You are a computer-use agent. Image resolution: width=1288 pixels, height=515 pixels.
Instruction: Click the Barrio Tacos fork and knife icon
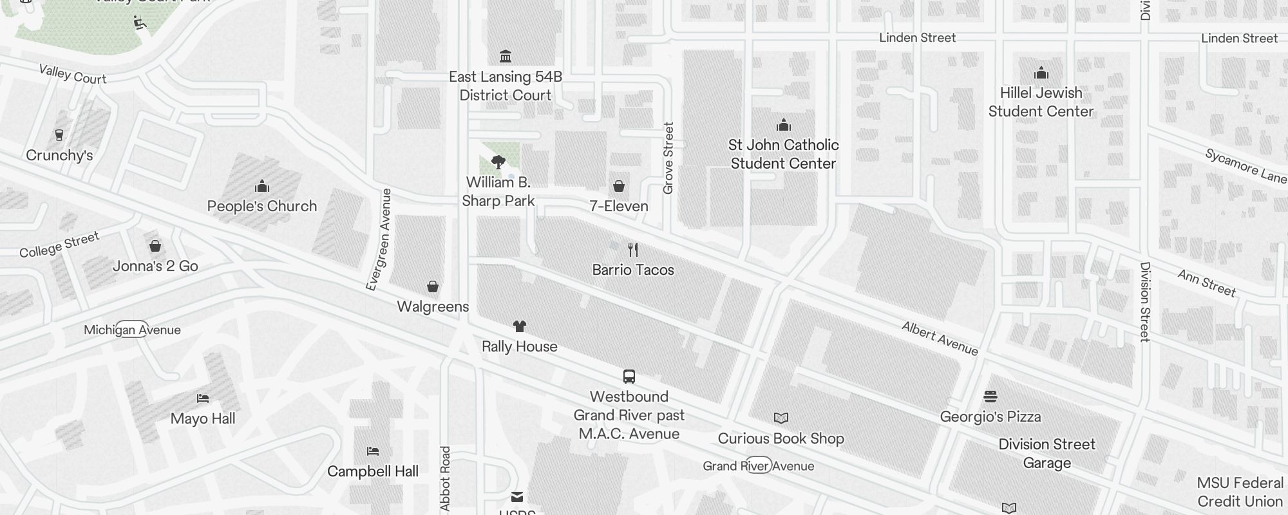point(633,249)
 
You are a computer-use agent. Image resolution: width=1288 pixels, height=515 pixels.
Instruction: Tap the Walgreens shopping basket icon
point(433,286)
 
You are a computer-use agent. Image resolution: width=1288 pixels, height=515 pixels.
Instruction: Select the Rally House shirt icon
point(520,326)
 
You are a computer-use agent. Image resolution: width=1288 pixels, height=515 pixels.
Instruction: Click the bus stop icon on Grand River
point(629,377)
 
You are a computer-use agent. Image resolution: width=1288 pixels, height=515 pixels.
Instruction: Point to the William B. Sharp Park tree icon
point(498,162)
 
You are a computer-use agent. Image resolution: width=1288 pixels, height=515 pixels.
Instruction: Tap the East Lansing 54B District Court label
point(506,86)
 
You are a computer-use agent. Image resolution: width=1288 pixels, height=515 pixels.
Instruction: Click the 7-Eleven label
point(619,206)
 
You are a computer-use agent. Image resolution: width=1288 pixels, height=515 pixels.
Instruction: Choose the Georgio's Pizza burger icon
point(990,396)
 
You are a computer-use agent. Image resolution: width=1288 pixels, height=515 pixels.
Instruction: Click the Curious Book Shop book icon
point(781,418)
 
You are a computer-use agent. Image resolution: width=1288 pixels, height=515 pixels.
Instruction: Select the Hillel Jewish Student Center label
point(1041,102)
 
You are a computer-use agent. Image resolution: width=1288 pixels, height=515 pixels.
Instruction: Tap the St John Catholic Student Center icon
point(784,125)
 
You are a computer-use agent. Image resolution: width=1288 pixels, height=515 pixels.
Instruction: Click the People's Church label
point(262,206)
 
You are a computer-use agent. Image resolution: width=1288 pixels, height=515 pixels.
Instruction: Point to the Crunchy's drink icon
point(59,135)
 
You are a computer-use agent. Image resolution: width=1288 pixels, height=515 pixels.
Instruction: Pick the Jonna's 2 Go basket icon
point(155,246)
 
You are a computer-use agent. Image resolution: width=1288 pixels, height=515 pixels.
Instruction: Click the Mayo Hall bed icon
point(203,398)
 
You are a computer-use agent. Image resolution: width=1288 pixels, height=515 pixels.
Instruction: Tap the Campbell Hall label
point(373,471)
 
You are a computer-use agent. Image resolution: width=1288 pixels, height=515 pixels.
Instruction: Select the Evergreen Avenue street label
point(379,239)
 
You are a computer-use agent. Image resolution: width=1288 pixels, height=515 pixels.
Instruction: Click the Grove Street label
point(668,158)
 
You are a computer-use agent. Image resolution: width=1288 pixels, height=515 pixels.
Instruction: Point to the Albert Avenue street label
point(940,339)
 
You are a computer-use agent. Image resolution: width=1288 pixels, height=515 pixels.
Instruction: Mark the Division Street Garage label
point(1047,453)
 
